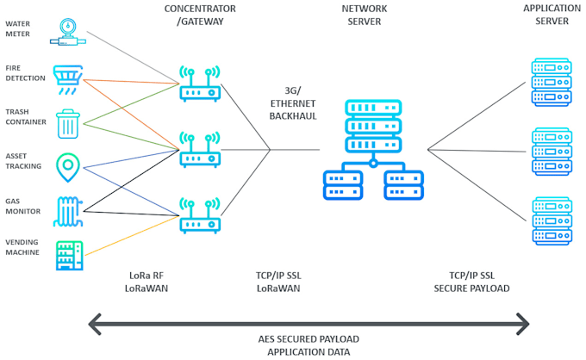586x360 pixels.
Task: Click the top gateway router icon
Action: [199, 83]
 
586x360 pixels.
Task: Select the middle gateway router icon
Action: [199, 149]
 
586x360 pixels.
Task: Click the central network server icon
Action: [372, 152]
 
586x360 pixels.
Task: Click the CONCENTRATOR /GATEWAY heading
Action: [199, 15]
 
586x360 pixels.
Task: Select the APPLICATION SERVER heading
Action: [545, 15]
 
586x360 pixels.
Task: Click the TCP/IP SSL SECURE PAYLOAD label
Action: [471, 282]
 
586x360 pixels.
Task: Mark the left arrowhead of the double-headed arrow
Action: [96, 325]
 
